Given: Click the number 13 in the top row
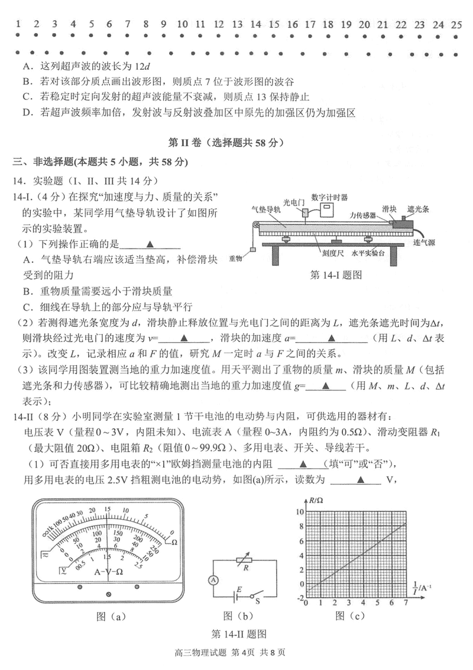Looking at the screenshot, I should click(237, 24).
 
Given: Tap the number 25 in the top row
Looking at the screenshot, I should click(455, 24).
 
